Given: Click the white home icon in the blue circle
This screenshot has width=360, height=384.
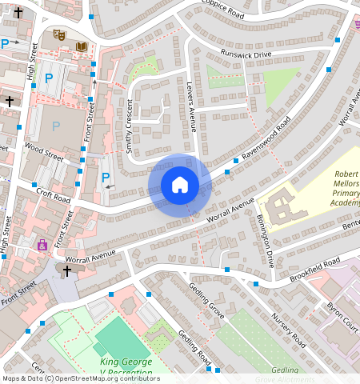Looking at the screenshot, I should (x=180, y=186).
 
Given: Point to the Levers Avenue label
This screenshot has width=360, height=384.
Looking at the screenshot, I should (x=192, y=112).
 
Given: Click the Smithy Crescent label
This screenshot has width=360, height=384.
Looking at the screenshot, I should (x=129, y=126).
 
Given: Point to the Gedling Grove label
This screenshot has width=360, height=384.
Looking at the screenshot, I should (x=206, y=298).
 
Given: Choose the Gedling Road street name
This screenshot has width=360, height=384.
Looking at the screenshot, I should (x=194, y=346).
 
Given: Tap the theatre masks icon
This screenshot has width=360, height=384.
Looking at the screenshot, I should (x=58, y=35).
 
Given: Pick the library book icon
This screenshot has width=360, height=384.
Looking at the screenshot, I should (x=81, y=47).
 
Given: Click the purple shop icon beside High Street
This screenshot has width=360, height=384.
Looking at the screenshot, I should (x=42, y=245).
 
